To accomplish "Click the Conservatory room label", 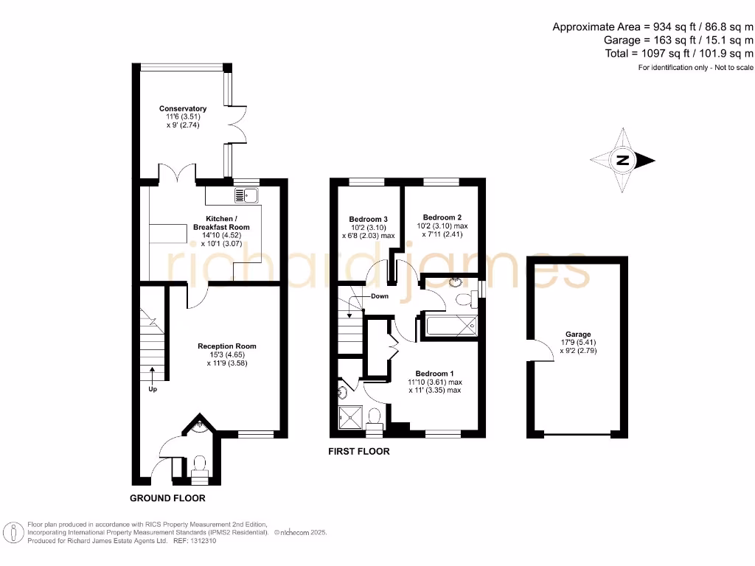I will point(183,109).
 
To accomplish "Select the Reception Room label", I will point(226,346).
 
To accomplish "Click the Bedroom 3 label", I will point(368,220).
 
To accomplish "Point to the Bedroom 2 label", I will point(442,217).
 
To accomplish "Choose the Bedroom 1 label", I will point(434,373).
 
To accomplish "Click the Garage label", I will point(578,335).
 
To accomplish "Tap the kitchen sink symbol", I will point(245,195).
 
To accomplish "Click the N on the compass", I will point(623,160).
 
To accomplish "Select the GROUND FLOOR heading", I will point(167,498).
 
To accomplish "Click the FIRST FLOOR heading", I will point(359,451).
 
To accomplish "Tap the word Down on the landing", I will point(380,296).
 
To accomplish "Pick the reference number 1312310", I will point(202,540).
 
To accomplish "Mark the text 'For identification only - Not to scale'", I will point(695,68).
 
